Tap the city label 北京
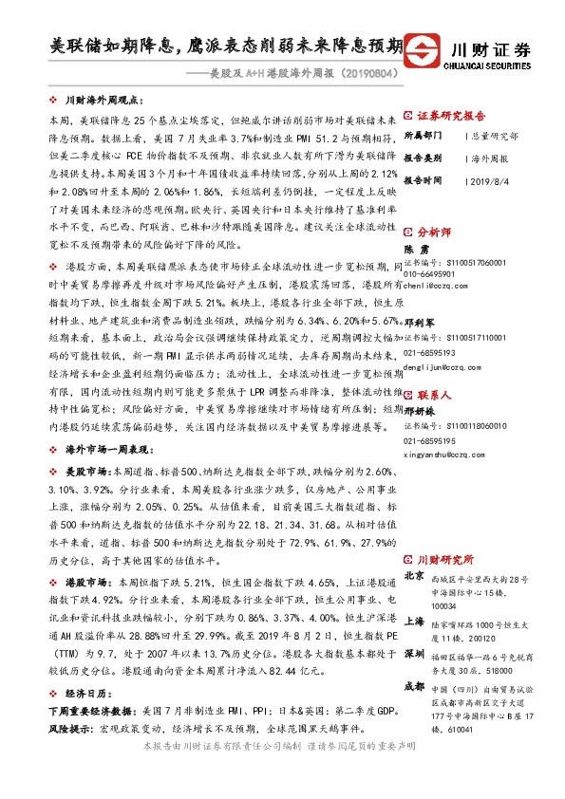[414, 576]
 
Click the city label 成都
[414, 685]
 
